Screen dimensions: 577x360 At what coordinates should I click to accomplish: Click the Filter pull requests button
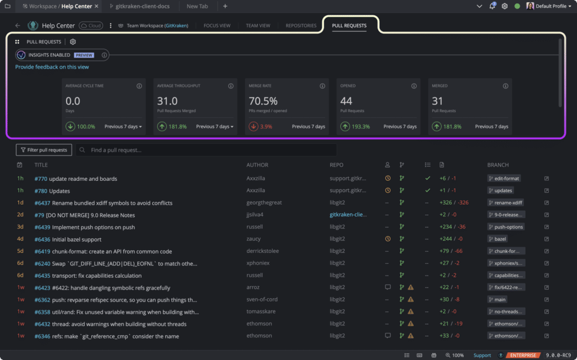pyautogui.click(x=44, y=150)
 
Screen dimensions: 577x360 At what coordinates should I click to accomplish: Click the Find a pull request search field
pyautogui.click(x=206, y=150)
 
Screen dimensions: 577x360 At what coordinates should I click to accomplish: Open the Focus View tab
pyautogui.click(x=217, y=26)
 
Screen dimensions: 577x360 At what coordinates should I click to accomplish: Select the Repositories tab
pyautogui.click(x=301, y=26)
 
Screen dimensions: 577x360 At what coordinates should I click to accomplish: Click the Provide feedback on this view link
pyautogui.click(x=52, y=67)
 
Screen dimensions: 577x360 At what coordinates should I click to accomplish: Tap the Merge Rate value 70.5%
pyautogui.click(x=263, y=101)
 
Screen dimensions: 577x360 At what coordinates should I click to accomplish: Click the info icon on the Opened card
pyautogui.click(x=414, y=86)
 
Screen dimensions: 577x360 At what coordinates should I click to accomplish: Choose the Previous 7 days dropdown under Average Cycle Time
pyautogui.click(x=123, y=127)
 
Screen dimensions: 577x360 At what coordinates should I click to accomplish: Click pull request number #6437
pyautogui.click(x=42, y=203)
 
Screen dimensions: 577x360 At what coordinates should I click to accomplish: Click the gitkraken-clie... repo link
pyautogui.click(x=348, y=215)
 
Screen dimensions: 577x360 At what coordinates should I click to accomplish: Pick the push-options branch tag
pyautogui.click(x=506, y=226)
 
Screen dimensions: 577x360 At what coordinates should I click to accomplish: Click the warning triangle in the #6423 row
pyautogui.click(x=411, y=287)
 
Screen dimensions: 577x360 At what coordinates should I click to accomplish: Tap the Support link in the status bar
pyautogui.click(x=482, y=355)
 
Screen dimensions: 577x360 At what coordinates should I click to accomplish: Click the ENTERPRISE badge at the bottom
pyautogui.click(x=523, y=355)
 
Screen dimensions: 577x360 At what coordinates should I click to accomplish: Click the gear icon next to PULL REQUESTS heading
pyautogui.click(x=73, y=42)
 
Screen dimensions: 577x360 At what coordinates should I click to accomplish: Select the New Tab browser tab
pyautogui.click(x=197, y=6)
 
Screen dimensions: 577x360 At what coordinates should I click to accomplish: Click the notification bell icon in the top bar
pyautogui.click(x=492, y=6)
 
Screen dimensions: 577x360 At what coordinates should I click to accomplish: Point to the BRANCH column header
pyautogui.click(x=498, y=165)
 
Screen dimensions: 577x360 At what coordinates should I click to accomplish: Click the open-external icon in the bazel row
pyautogui.click(x=547, y=239)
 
